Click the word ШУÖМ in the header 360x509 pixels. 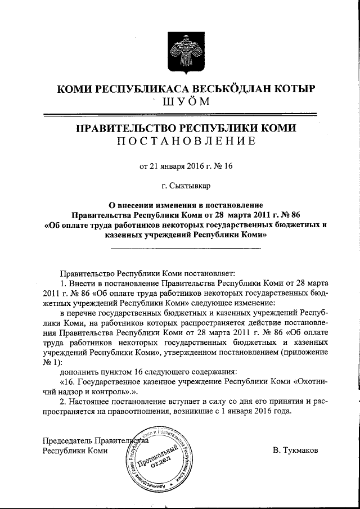(185, 102)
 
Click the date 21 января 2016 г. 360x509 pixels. (177, 165)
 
